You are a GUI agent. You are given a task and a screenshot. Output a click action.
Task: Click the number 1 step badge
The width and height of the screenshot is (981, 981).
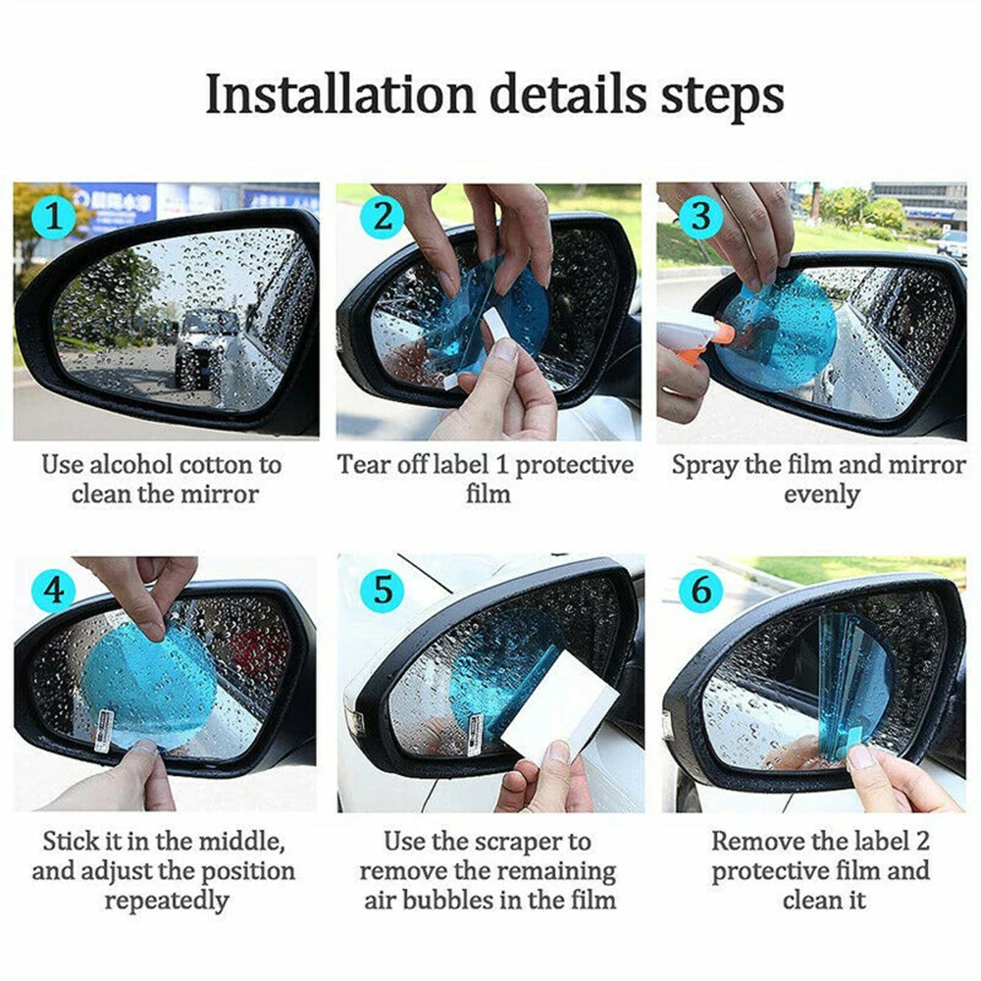[54, 218]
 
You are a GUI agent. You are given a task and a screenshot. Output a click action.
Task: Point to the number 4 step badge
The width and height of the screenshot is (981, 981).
[54, 590]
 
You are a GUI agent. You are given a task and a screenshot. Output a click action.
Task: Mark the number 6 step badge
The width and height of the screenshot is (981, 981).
[700, 590]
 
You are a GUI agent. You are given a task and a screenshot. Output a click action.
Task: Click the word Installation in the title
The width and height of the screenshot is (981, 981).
[340, 94]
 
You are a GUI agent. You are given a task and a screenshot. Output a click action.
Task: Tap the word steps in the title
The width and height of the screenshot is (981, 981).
[722, 97]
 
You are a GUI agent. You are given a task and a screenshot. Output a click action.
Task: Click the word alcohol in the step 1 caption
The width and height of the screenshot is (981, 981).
[130, 465]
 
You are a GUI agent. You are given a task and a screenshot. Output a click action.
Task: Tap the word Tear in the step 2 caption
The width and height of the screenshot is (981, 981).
[360, 465]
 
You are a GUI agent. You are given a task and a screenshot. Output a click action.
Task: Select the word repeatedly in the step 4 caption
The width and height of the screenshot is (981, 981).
[166, 902]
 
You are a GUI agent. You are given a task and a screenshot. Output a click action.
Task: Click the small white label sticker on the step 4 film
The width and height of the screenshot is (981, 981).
[104, 731]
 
